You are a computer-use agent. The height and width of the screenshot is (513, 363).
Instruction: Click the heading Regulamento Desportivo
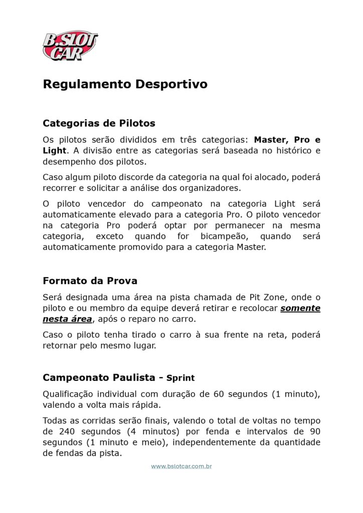pos(125,84)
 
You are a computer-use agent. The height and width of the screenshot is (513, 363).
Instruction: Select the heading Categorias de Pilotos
pos(99,123)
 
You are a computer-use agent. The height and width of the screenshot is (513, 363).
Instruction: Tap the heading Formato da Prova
pos(90,281)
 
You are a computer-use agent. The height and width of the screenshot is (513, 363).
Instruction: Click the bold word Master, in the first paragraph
pos(271,140)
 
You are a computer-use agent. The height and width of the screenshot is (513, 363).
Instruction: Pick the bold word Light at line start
pos(54,150)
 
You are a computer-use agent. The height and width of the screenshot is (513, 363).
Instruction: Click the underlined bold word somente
pos(300,308)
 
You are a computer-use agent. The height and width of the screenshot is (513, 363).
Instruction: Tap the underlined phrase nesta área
pos(67,319)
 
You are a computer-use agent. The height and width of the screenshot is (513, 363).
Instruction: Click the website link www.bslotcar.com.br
pos(181,466)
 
